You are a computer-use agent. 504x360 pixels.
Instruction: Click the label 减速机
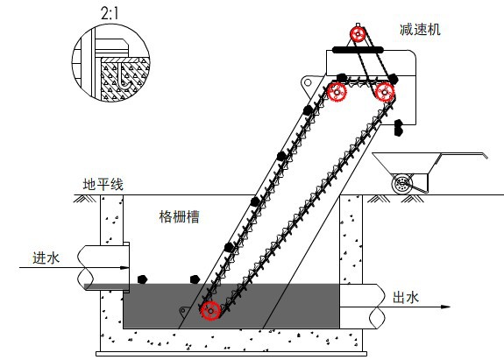click(420, 30)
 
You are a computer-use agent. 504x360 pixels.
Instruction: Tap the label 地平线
click(103, 185)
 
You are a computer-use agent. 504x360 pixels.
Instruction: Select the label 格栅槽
click(179, 216)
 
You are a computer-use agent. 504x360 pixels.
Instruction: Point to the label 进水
click(46, 258)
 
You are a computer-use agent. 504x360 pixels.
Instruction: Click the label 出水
click(406, 298)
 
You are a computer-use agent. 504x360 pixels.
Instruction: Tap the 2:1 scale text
click(110, 13)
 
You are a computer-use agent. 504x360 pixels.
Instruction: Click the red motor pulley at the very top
click(358, 33)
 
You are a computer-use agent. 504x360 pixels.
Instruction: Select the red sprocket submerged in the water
click(210, 311)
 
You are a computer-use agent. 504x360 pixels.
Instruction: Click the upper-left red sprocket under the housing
click(337, 92)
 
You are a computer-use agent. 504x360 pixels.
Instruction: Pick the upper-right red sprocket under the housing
click(385, 92)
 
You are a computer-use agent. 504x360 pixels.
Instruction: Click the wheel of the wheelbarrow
click(402, 184)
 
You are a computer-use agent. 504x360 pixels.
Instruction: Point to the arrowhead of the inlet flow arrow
click(124, 267)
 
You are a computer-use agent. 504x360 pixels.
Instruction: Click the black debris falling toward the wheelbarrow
click(399, 127)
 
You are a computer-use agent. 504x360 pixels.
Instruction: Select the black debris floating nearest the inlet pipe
click(142, 279)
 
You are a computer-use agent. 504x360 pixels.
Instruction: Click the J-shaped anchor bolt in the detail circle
click(124, 77)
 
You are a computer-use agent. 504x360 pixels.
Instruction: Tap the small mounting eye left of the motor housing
click(308, 82)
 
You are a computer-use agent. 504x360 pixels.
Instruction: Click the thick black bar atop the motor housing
click(358, 50)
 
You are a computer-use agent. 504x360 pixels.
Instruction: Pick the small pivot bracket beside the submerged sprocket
click(184, 311)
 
